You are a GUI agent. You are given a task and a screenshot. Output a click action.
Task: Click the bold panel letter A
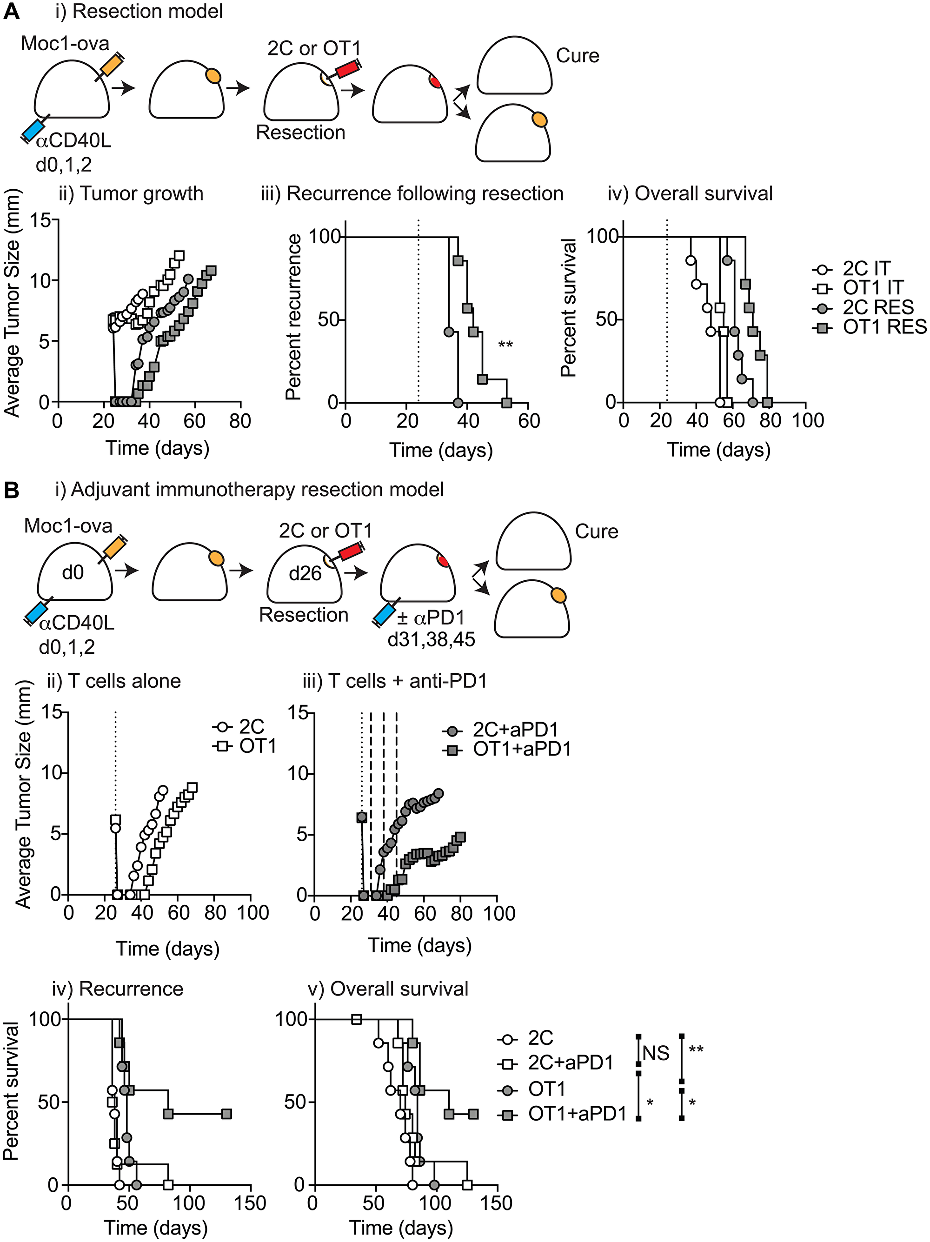[x=11, y=11]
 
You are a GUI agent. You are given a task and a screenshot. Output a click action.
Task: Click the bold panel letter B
[x=11, y=490]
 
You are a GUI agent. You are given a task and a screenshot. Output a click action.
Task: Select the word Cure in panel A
[x=578, y=56]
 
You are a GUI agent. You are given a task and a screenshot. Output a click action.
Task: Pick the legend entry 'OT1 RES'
[x=884, y=327]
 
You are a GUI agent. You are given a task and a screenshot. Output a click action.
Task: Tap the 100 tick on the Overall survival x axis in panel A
[x=807, y=420]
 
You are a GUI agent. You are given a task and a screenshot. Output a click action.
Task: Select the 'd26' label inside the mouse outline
[x=305, y=573]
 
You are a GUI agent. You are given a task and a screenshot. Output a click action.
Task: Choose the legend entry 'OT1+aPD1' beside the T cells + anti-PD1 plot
[x=521, y=749]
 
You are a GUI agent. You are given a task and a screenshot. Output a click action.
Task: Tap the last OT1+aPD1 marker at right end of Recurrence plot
[x=226, y=1113]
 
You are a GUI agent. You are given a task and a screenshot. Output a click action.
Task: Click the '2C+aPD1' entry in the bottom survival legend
[x=570, y=1063]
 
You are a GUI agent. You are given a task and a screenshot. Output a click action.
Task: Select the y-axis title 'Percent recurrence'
[x=293, y=317]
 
